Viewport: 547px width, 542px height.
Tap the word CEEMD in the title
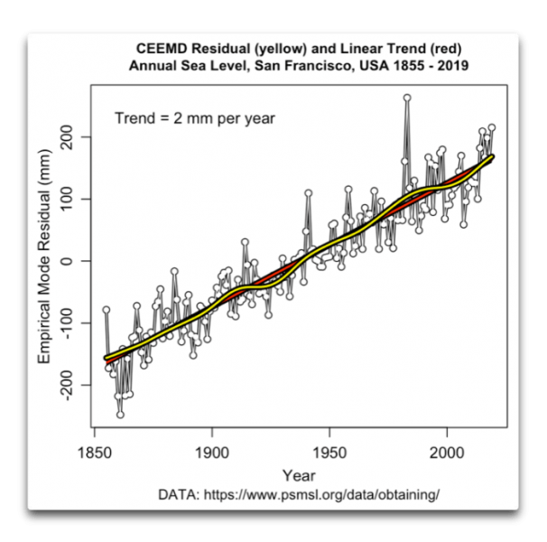click(161, 47)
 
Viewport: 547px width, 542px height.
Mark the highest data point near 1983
click(407, 98)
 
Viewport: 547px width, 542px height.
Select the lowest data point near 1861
click(120, 415)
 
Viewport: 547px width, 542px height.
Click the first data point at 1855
click(106, 310)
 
